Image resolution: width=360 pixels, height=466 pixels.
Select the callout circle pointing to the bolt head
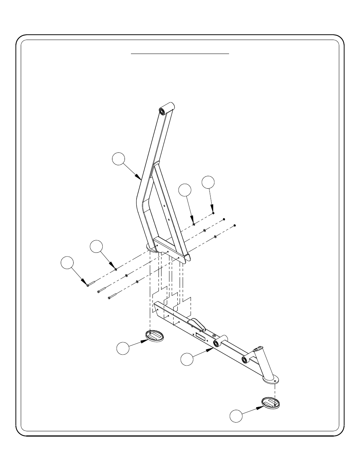tap(67, 263)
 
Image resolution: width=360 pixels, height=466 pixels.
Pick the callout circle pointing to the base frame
tap(187, 359)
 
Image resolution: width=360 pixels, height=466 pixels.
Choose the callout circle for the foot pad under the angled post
tap(236, 416)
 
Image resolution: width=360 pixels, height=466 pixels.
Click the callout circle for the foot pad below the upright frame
tap(123, 348)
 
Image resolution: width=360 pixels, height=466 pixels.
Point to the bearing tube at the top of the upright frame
tap(166, 108)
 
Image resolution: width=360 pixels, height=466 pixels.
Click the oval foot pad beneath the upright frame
tap(154, 335)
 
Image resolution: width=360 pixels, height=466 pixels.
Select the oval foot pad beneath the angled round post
tap(269, 403)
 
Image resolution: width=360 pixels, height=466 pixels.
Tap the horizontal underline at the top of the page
tap(180, 54)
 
